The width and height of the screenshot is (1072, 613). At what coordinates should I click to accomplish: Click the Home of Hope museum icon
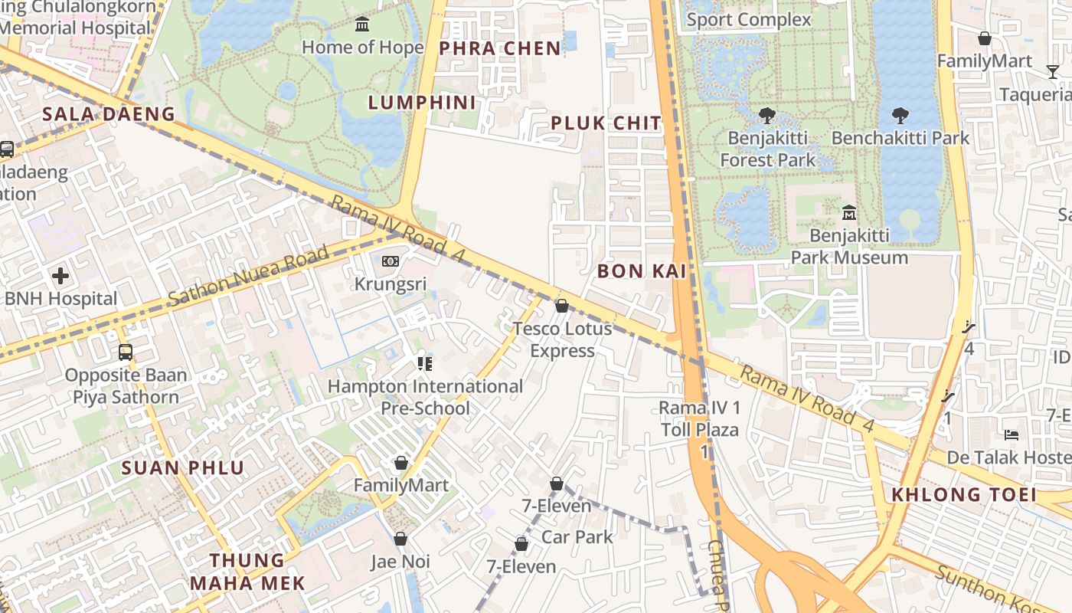362,25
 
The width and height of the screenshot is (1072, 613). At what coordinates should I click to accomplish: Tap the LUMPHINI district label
422,103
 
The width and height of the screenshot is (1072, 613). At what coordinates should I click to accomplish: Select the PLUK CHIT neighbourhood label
605,123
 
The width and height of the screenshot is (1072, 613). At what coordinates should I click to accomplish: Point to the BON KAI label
642,270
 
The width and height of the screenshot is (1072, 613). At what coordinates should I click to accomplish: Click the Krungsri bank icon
391,261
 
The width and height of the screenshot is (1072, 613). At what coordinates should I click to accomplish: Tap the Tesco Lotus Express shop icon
562,306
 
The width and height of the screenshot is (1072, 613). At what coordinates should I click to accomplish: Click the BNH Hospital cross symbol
60,276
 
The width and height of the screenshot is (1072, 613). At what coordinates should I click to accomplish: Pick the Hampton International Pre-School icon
425,363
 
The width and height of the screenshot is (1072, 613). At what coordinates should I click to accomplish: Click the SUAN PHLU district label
183,467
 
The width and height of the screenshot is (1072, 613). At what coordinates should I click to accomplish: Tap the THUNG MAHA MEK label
247,572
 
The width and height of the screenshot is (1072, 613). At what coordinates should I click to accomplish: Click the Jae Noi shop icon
400,539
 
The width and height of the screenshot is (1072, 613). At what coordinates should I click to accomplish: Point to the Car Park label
577,536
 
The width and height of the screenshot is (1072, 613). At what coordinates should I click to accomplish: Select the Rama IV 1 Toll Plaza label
700,418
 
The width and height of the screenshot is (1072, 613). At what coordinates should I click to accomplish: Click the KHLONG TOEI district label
963,494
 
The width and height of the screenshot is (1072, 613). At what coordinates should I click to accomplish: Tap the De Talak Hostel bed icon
1012,435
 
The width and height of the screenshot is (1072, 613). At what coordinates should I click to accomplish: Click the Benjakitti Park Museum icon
848,212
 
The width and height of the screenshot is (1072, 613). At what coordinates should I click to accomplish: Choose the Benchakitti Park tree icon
900,116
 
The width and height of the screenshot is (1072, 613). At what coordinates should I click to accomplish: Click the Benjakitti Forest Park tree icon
766,116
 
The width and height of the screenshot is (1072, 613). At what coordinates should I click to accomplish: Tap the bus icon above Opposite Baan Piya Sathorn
126,352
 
